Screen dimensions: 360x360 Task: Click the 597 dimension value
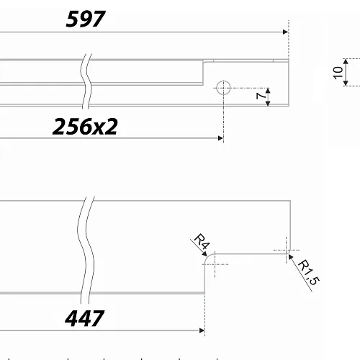pyautogui.click(x=86, y=19)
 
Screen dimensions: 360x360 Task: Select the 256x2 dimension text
pyautogui.click(x=85, y=126)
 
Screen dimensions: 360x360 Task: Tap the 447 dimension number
pyautogui.click(x=84, y=318)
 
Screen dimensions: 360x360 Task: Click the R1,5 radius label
pyautogui.click(x=309, y=272)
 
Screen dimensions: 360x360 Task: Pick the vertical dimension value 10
pyautogui.click(x=338, y=73)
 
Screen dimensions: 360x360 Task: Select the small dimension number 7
pyautogui.click(x=261, y=96)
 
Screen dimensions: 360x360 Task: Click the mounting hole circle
pyautogui.click(x=223, y=88)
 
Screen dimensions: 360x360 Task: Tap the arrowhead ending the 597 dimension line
pyautogui.click(x=286, y=32)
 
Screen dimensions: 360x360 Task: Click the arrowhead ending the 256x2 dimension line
pyautogui.click(x=221, y=138)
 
